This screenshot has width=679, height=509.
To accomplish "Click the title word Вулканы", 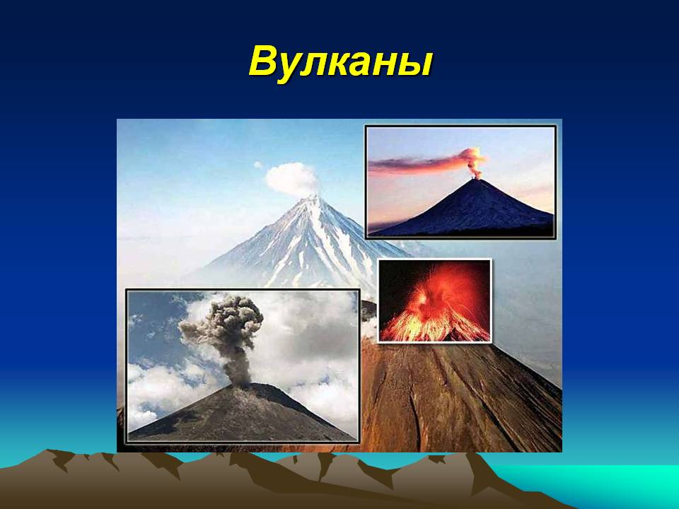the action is click(x=340, y=62).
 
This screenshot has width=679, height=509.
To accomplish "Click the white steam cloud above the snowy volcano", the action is click(x=292, y=179).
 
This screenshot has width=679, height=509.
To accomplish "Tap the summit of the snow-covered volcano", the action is click(x=313, y=197).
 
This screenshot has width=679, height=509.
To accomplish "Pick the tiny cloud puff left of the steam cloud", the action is click(x=258, y=165).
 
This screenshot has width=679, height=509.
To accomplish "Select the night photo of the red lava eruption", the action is click(x=434, y=301).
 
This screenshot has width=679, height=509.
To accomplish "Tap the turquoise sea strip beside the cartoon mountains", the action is click(x=606, y=483).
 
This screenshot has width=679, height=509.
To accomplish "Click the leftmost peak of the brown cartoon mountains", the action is click(x=47, y=452).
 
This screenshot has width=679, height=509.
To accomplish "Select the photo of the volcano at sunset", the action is click(x=460, y=182).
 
